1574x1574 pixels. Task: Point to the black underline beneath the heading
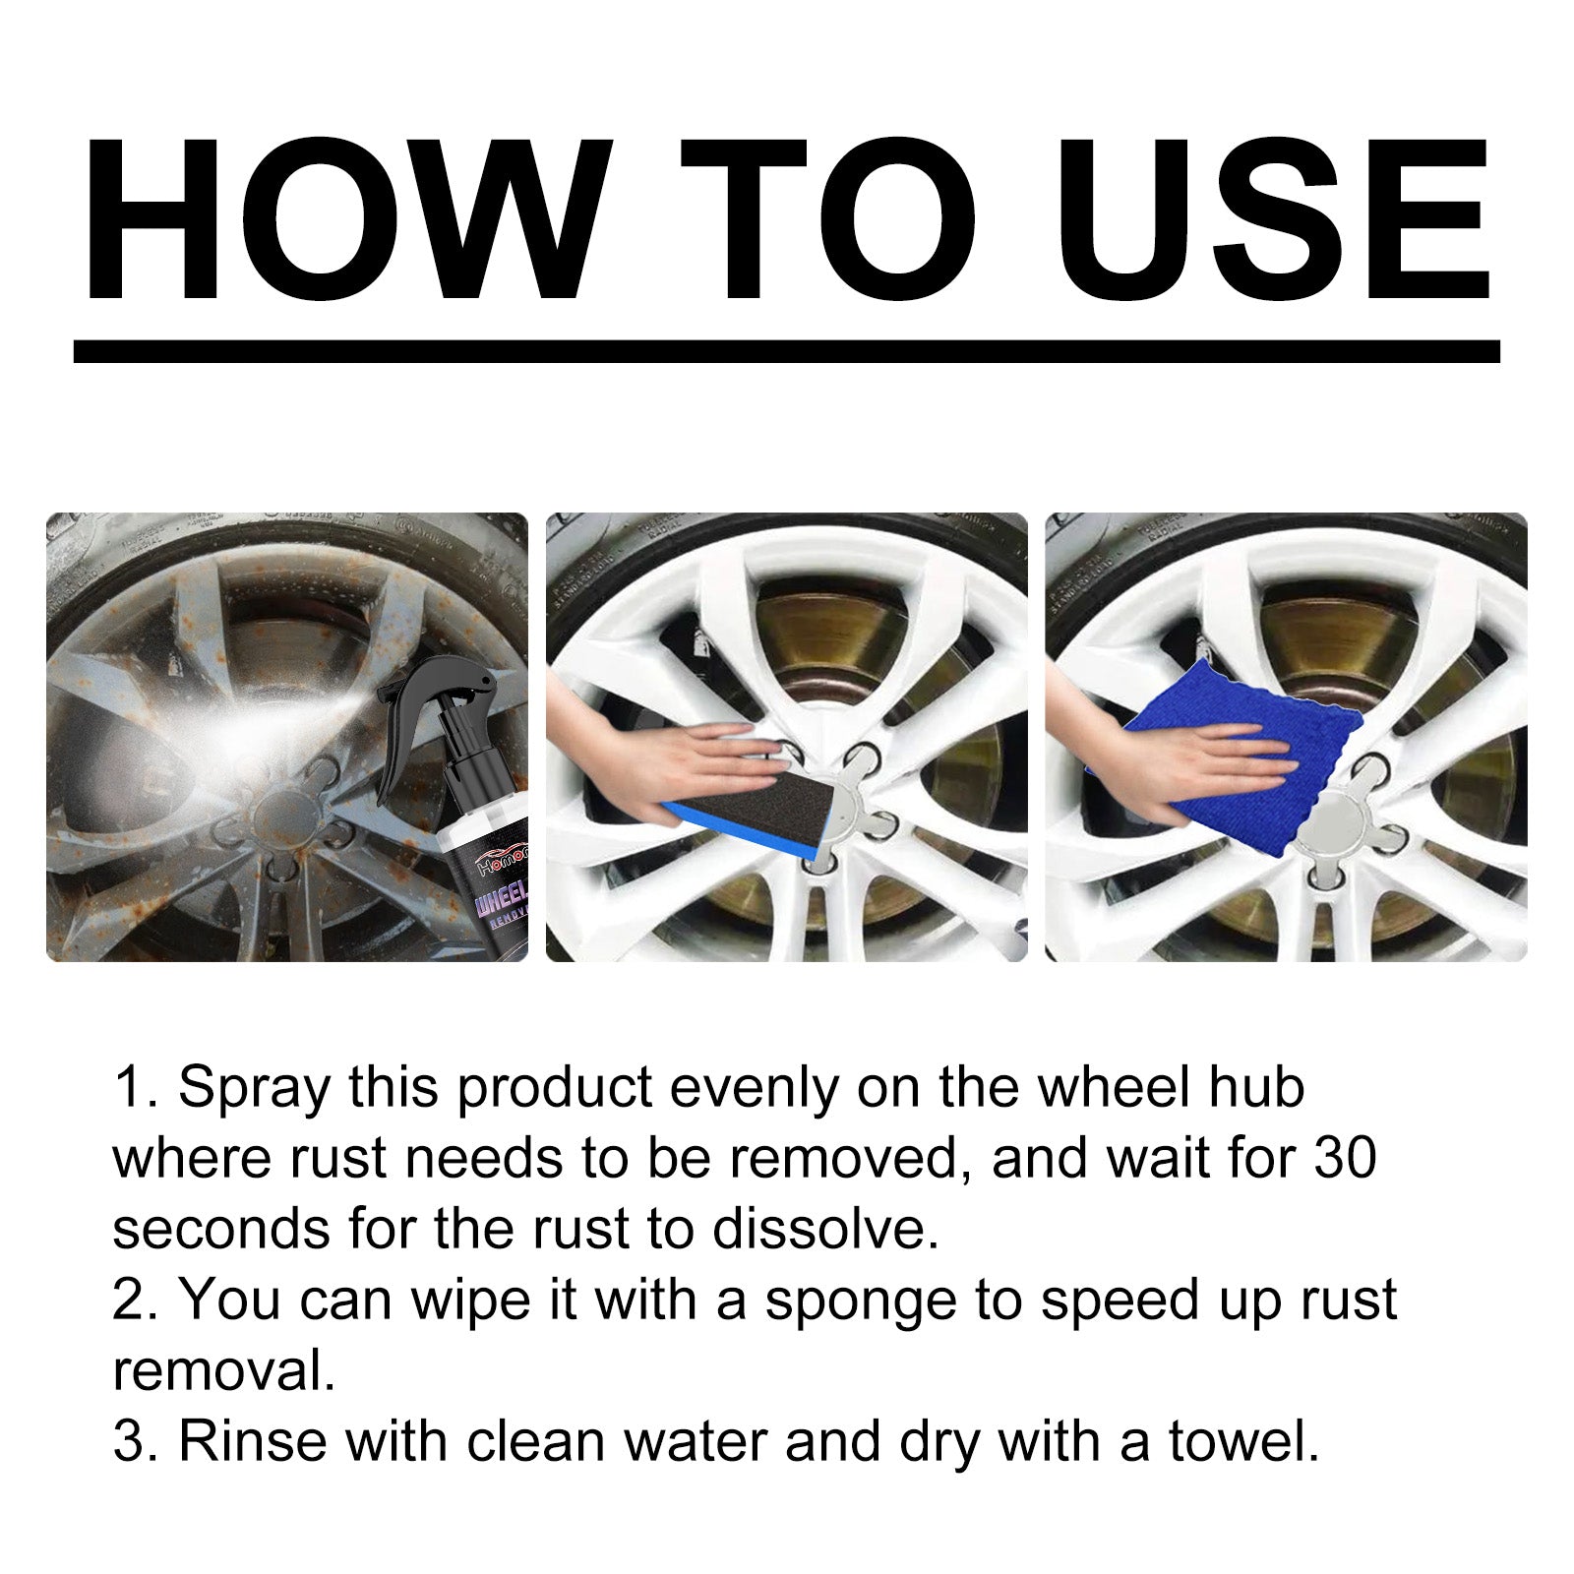[x=787, y=351]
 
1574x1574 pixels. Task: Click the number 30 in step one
[x=1344, y=1158]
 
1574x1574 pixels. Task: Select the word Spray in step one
[x=254, y=1089]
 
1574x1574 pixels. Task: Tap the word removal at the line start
[x=224, y=1370]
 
